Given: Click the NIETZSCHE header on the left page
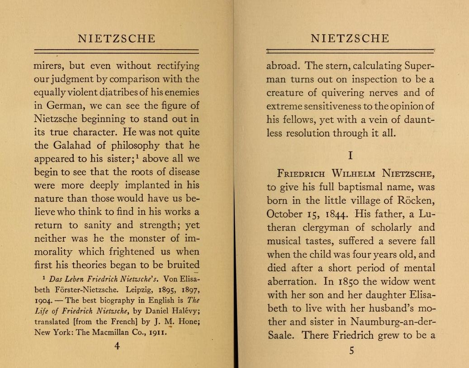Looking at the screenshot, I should tap(116, 38).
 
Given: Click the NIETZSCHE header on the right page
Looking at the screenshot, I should tap(350, 38).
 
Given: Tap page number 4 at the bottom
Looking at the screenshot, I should tap(117, 346).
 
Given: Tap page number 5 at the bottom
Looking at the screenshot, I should tap(351, 350).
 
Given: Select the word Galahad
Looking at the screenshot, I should tap(75, 146).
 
